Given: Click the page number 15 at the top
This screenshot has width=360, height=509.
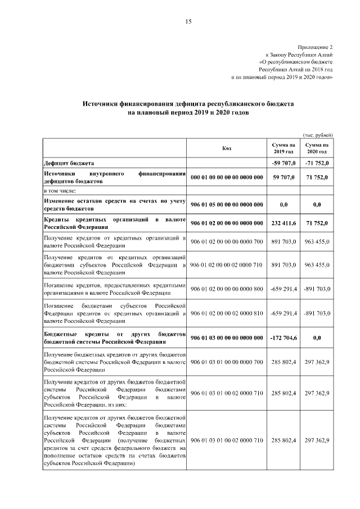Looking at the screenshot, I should point(188,22).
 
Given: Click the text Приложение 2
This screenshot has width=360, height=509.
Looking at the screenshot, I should point(316,47).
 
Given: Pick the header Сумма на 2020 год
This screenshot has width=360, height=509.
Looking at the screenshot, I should point(317,148).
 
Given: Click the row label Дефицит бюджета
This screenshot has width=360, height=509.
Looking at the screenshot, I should point(69,163).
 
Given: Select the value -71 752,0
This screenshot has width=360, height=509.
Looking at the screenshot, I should point(317,163).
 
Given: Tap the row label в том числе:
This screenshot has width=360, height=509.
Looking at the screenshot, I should point(60,192).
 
